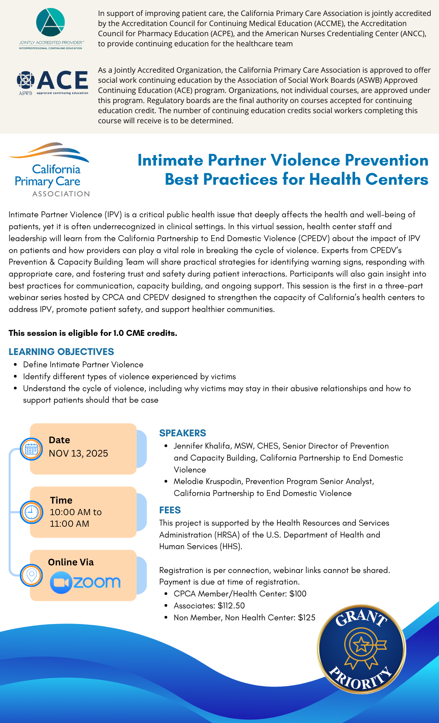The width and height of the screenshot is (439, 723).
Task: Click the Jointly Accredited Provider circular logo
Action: pos(51,22)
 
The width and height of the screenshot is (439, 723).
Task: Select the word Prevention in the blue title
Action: pos(386,160)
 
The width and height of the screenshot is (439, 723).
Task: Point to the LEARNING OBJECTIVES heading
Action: pos(61,351)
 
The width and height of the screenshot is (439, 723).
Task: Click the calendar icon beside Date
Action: pos(31,449)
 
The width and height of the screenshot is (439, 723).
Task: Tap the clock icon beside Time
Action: pos(31,512)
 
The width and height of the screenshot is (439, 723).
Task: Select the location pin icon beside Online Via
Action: pos(31,575)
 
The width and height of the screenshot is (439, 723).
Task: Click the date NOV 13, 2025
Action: pos(78,453)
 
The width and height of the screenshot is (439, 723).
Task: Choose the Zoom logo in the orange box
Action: pos(85,582)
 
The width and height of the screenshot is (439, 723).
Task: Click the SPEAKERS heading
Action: pos(183,433)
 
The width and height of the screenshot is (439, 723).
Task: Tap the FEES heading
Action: pos(170,510)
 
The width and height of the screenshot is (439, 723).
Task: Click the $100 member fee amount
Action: pos(298,594)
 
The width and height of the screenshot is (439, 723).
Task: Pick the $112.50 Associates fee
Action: pos(231,606)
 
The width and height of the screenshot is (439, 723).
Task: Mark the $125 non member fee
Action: pos(307,617)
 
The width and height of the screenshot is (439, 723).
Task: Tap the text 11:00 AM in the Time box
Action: pos(69,523)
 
